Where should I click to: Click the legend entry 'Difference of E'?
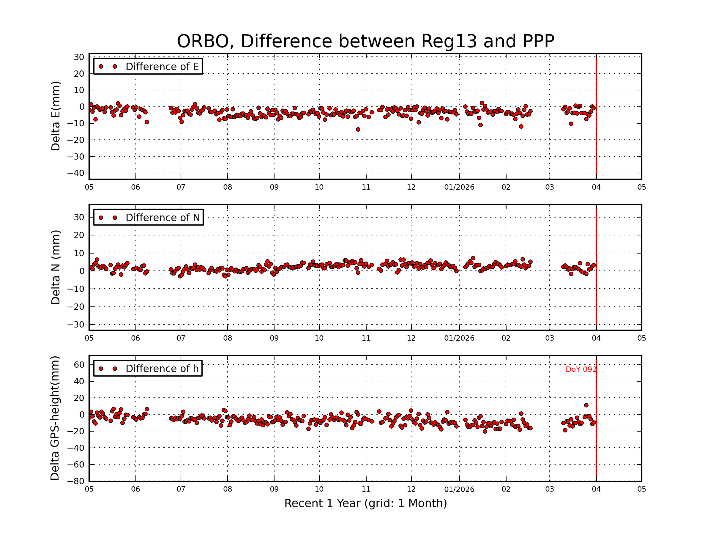coord(162,67)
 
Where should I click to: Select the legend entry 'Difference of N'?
coord(163,218)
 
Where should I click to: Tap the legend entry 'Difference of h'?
coord(162,369)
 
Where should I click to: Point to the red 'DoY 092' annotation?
coord(581,369)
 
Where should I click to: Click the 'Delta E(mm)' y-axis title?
coord(56,116)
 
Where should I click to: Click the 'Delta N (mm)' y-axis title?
coord(56,267)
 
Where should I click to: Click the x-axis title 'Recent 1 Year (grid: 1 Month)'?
coord(365,503)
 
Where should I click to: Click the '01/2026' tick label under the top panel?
coord(459,187)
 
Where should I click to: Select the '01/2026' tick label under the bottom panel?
coord(459,490)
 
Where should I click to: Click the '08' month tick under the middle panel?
coord(228,338)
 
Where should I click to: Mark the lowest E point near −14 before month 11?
coord(358,130)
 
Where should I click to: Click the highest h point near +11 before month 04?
coord(586,405)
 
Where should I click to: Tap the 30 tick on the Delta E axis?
coord(79,57)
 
